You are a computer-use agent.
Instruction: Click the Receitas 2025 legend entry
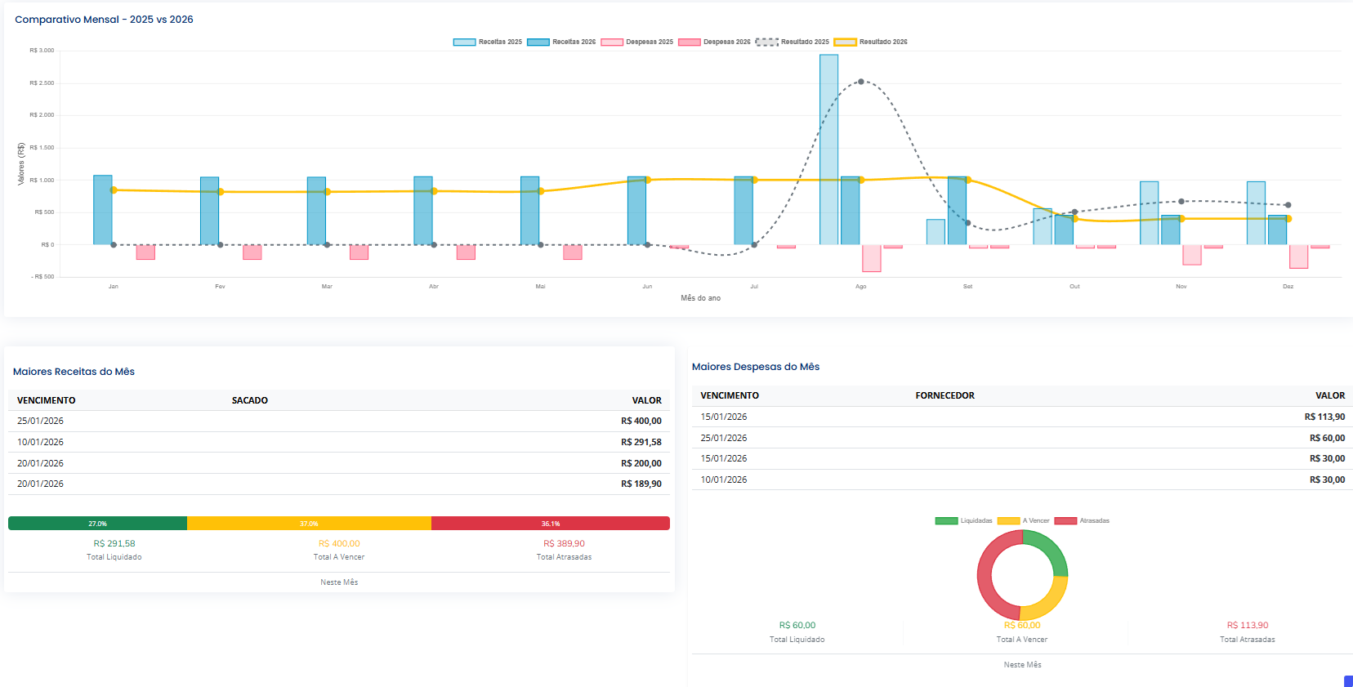[x=488, y=42]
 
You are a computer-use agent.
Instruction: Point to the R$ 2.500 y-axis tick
[x=42, y=83]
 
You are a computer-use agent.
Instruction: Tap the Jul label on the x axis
[x=753, y=287]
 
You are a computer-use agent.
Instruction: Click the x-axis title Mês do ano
[x=700, y=298]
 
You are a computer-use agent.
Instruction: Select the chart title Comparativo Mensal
[x=104, y=20]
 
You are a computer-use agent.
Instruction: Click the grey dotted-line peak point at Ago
[x=860, y=82]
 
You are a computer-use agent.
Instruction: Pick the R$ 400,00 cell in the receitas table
[x=641, y=422]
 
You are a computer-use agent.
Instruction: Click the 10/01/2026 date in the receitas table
[x=40, y=442]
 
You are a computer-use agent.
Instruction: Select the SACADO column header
[x=249, y=400]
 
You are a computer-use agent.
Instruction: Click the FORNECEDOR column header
[x=944, y=395]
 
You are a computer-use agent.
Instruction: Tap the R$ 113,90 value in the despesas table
[x=1324, y=417]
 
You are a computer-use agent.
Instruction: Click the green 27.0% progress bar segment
[x=97, y=524]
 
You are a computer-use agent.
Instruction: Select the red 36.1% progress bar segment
[x=550, y=524]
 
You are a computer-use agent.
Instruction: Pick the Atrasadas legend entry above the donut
[x=1082, y=520]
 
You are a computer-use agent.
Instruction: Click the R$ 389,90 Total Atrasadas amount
[x=564, y=543]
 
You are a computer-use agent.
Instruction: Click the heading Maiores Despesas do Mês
[x=755, y=367]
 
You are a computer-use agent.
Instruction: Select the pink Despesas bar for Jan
[x=145, y=252]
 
